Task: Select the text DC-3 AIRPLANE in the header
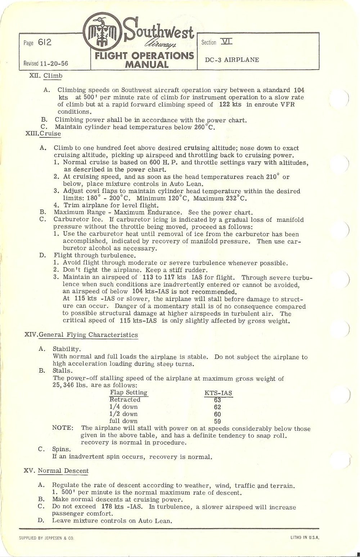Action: click(232, 60)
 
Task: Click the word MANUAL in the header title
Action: click(146, 65)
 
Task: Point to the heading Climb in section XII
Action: click(53, 76)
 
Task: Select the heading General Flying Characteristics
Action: click(88, 335)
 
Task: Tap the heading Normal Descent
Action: click(63, 471)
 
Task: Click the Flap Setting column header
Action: click(128, 392)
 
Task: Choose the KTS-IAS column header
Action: click(218, 393)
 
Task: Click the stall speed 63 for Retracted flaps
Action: click(217, 400)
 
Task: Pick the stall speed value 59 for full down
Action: click(217, 421)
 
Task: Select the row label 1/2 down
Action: click(123, 414)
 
